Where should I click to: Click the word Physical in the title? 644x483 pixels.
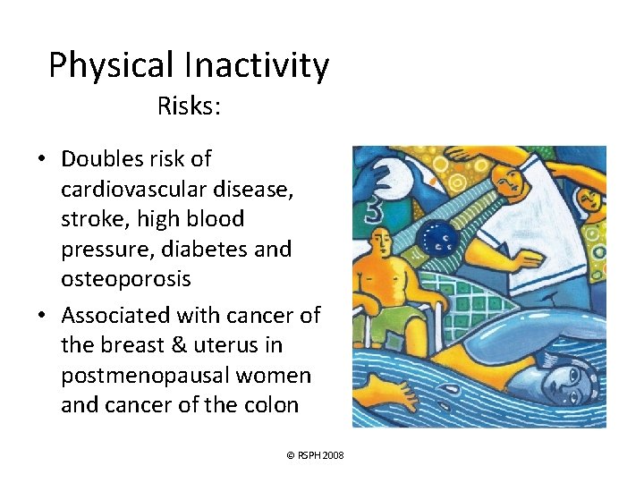tap(112, 66)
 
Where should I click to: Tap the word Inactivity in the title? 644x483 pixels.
tap(257, 66)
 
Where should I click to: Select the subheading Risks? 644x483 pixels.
tap(189, 106)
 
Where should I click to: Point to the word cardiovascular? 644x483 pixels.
tap(131, 190)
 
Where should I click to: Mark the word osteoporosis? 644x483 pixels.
tap(125, 279)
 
